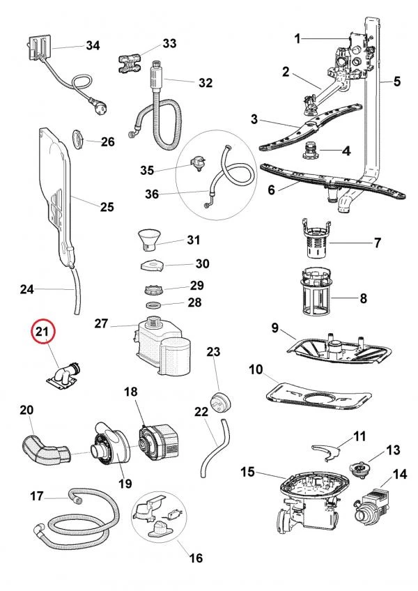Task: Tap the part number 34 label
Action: [x=93, y=45]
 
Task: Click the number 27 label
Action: [x=101, y=323]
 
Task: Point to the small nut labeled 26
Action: [x=80, y=139]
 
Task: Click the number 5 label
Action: [x=396, y=82]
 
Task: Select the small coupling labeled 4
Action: [x=312, y=151]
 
